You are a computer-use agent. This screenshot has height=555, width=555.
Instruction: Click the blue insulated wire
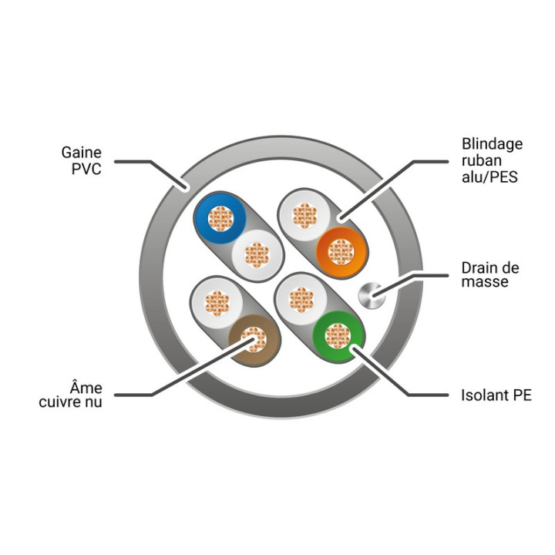pos(220,218)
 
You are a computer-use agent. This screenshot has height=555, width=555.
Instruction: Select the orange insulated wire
pos(341,252)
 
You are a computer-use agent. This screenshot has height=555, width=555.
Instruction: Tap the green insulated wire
pos(338,336)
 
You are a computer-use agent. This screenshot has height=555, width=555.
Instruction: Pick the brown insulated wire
pos(254,340)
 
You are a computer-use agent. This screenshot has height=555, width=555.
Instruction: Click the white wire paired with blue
pos(257,255)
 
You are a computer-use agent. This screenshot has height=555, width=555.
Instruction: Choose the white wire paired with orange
pos(304,216)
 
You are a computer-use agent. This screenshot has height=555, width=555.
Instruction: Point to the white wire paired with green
pos(301,299)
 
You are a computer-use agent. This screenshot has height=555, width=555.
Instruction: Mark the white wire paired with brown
pos(217,303)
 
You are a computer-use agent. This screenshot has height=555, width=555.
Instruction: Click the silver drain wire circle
pos(372,295)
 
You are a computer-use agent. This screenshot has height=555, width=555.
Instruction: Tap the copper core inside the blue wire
pos(220,218)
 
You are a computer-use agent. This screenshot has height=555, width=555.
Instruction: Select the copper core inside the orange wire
pos(341,252)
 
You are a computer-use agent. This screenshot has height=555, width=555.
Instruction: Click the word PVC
pos(86,169)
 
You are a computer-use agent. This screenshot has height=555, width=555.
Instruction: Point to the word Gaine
pos(82,153)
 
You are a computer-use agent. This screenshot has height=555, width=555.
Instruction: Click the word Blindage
pos(492,144)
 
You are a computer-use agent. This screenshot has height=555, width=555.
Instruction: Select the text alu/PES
pos(489,177)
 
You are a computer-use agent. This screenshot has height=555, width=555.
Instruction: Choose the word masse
pos(485,282)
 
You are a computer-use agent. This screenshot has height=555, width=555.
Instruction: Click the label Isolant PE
pos(496,395)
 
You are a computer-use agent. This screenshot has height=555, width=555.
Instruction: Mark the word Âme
pos(86,388)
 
